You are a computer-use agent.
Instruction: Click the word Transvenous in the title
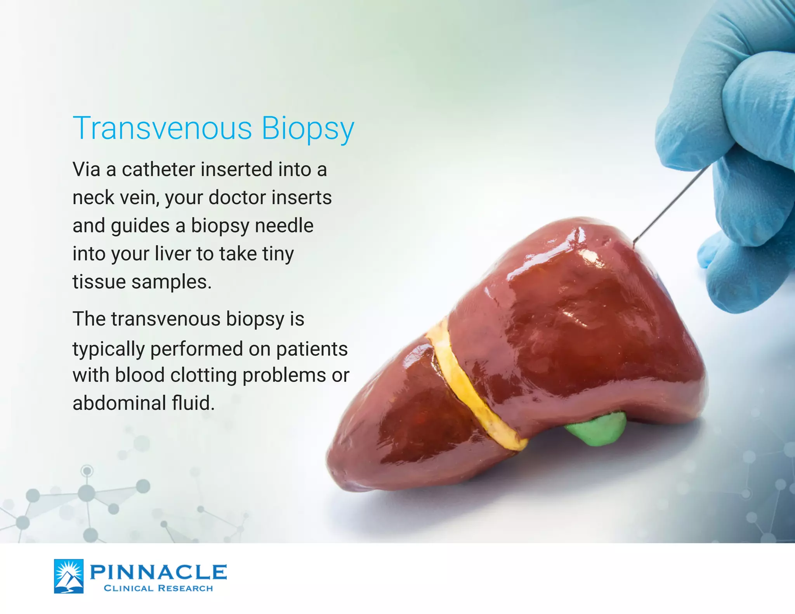click(162, 128)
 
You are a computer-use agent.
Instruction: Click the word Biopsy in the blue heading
click(307, 129)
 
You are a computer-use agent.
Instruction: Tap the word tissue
click(99, 282)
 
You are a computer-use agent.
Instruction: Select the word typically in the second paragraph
click(109, 349)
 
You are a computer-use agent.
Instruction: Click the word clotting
click(203, 375)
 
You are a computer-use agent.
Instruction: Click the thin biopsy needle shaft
click(672, 204)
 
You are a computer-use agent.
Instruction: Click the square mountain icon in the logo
click(69, 576)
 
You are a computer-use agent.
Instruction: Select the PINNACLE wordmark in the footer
click(158, 572)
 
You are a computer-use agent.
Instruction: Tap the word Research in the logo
click(186, 588)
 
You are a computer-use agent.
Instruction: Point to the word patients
click(312, 349)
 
